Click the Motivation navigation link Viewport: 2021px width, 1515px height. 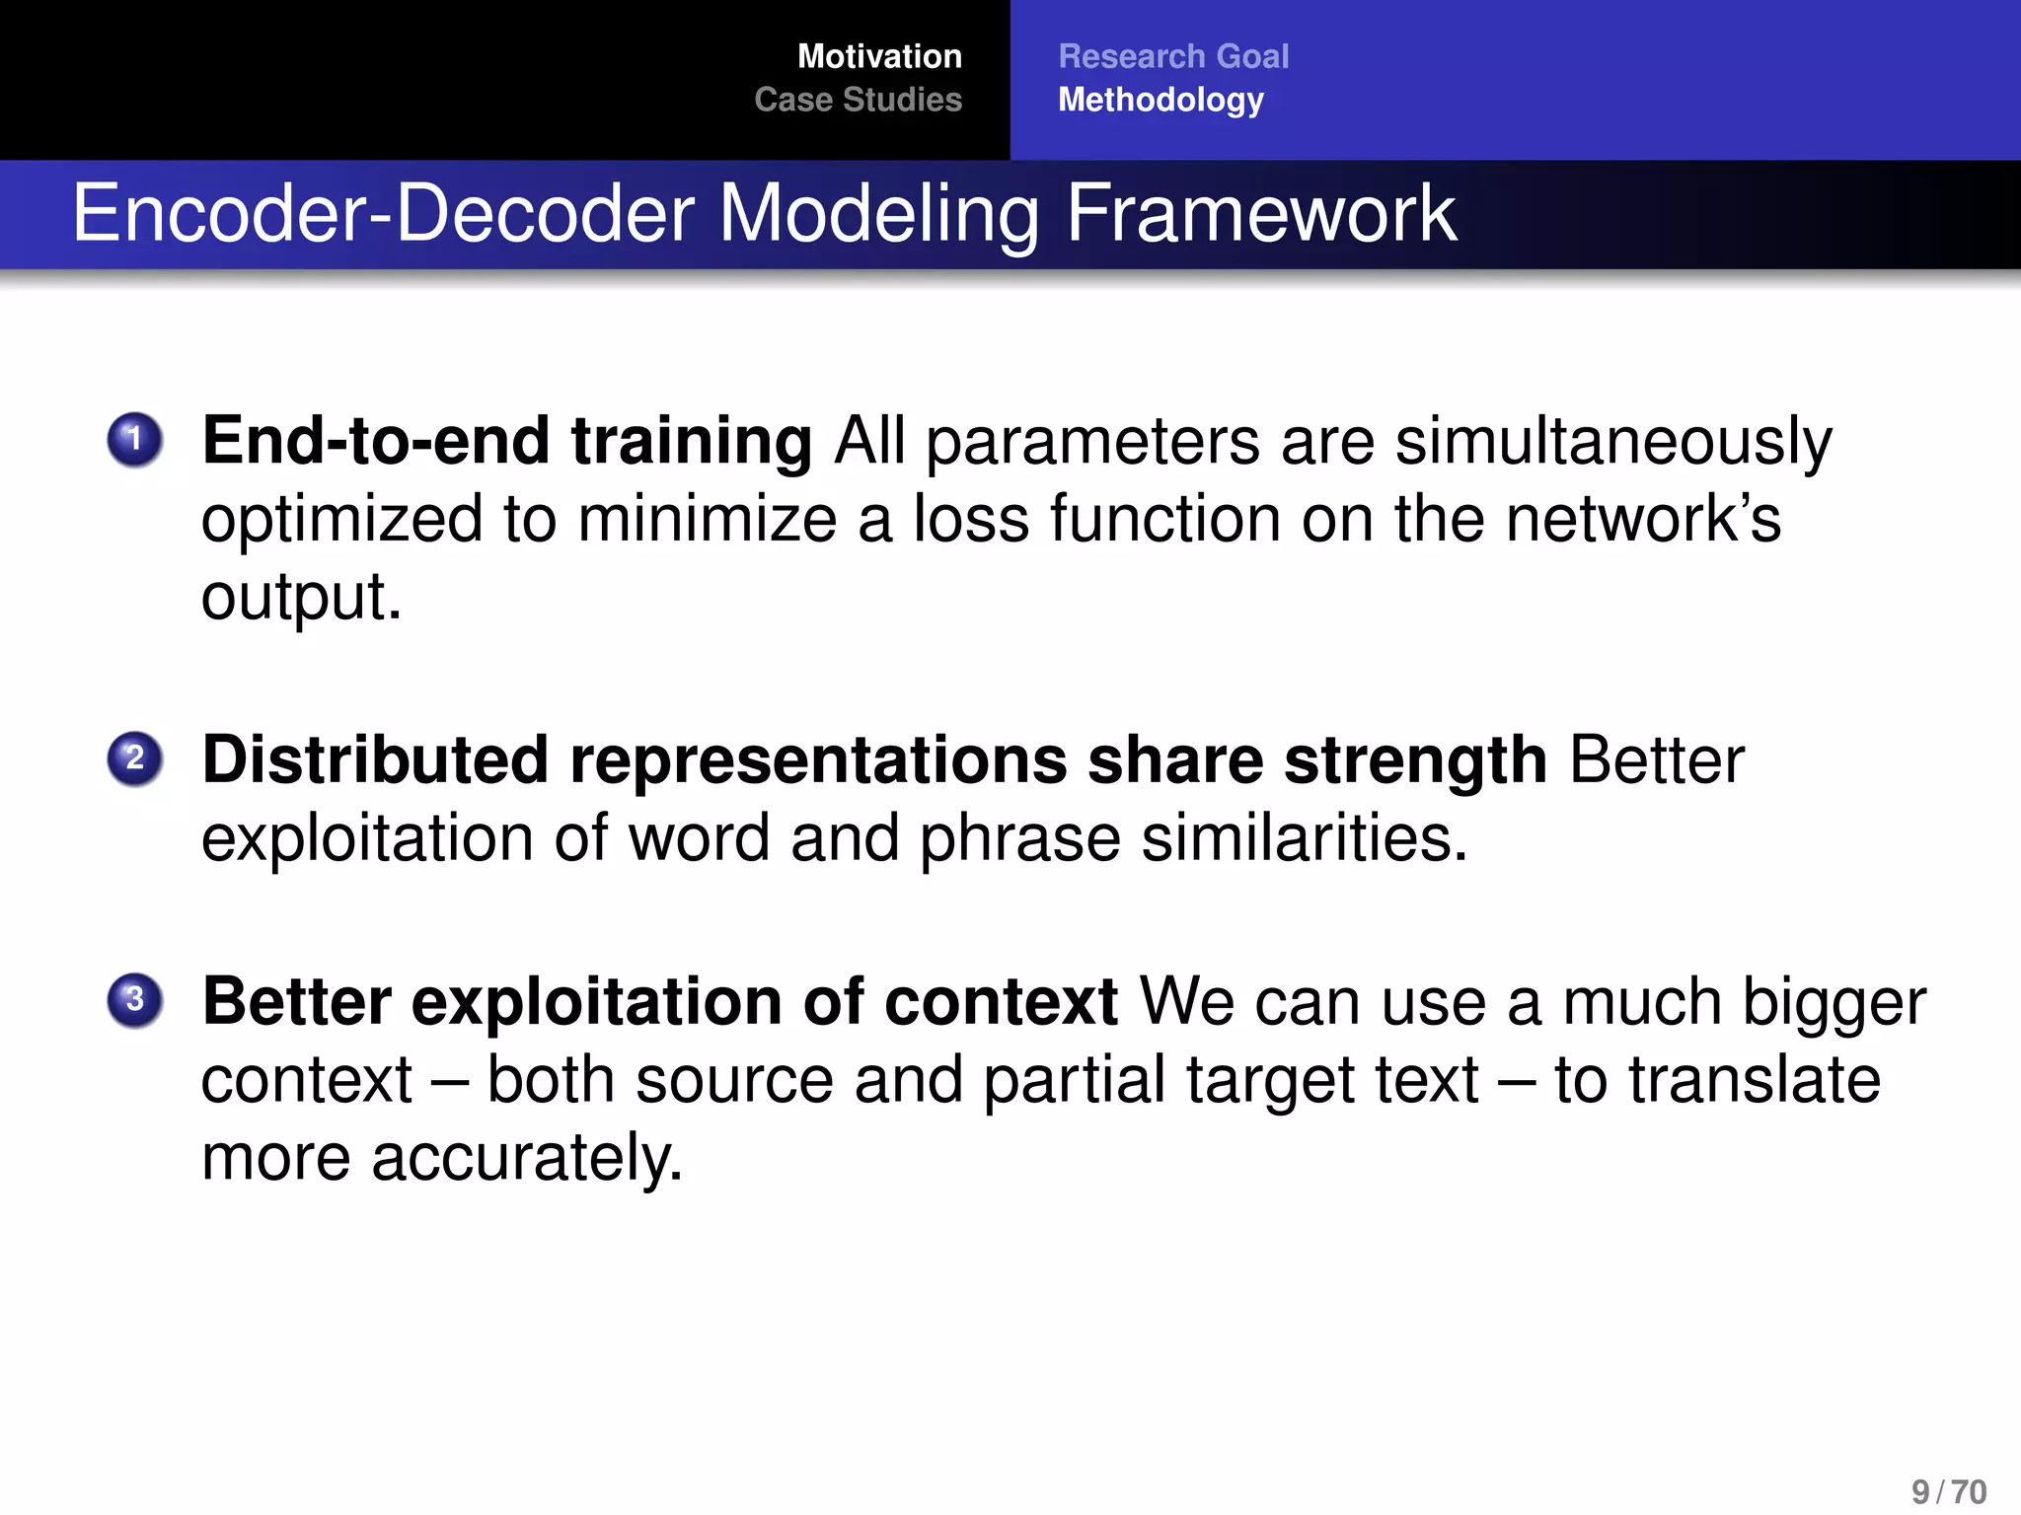(878, 56)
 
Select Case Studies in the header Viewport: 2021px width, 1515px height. (858, 100)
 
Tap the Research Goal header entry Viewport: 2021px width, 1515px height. (1173, 56)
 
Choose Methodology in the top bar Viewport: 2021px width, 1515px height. (1160, 100)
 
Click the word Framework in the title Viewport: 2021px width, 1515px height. (1260, 213)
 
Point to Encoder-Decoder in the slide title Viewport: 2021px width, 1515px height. (383, 213)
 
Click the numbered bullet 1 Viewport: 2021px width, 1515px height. (135, 439)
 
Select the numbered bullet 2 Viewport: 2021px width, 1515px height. (135, 758)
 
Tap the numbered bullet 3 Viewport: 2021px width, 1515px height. (135, 999)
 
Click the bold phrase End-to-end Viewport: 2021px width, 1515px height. (376, 440)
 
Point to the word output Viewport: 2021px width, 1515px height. (301, 598)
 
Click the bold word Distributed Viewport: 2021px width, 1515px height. (375, 759)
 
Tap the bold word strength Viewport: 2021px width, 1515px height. (1415, 761)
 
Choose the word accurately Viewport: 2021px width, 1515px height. (526, 1158)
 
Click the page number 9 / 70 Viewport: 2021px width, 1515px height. (1948, 1491)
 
